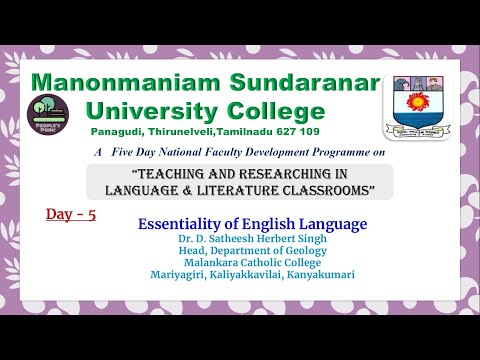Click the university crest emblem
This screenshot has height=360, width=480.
[x=416, y=107]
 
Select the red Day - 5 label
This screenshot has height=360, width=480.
[x=71, y=213]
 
